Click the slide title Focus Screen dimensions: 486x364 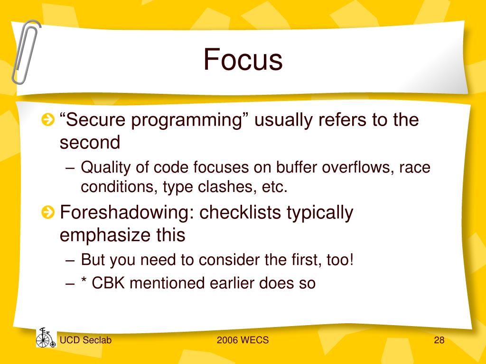point(243,59)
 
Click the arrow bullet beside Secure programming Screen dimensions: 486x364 point(48,120)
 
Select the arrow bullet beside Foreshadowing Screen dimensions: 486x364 point(48,212)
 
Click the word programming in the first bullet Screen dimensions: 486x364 point(187,121)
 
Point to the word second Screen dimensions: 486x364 point(90,142)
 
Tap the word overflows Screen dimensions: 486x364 point(358,167)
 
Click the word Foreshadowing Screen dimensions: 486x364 point(127,212)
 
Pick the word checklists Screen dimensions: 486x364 point(240,212)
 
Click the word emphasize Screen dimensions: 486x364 point(105,235)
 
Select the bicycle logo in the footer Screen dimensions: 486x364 point(46,337)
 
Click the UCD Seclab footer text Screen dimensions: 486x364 point(85,340)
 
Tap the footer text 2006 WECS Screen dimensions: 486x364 point(243,340)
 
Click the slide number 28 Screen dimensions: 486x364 point(439,340)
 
